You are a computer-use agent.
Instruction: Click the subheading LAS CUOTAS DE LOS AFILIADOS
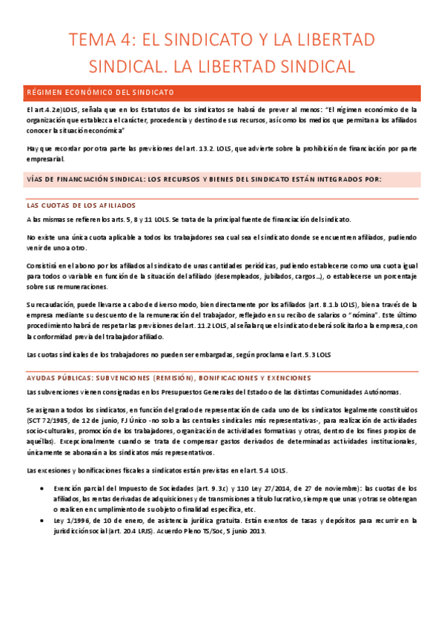(81, 205)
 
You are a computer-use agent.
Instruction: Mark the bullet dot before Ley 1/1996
(40, 521)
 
